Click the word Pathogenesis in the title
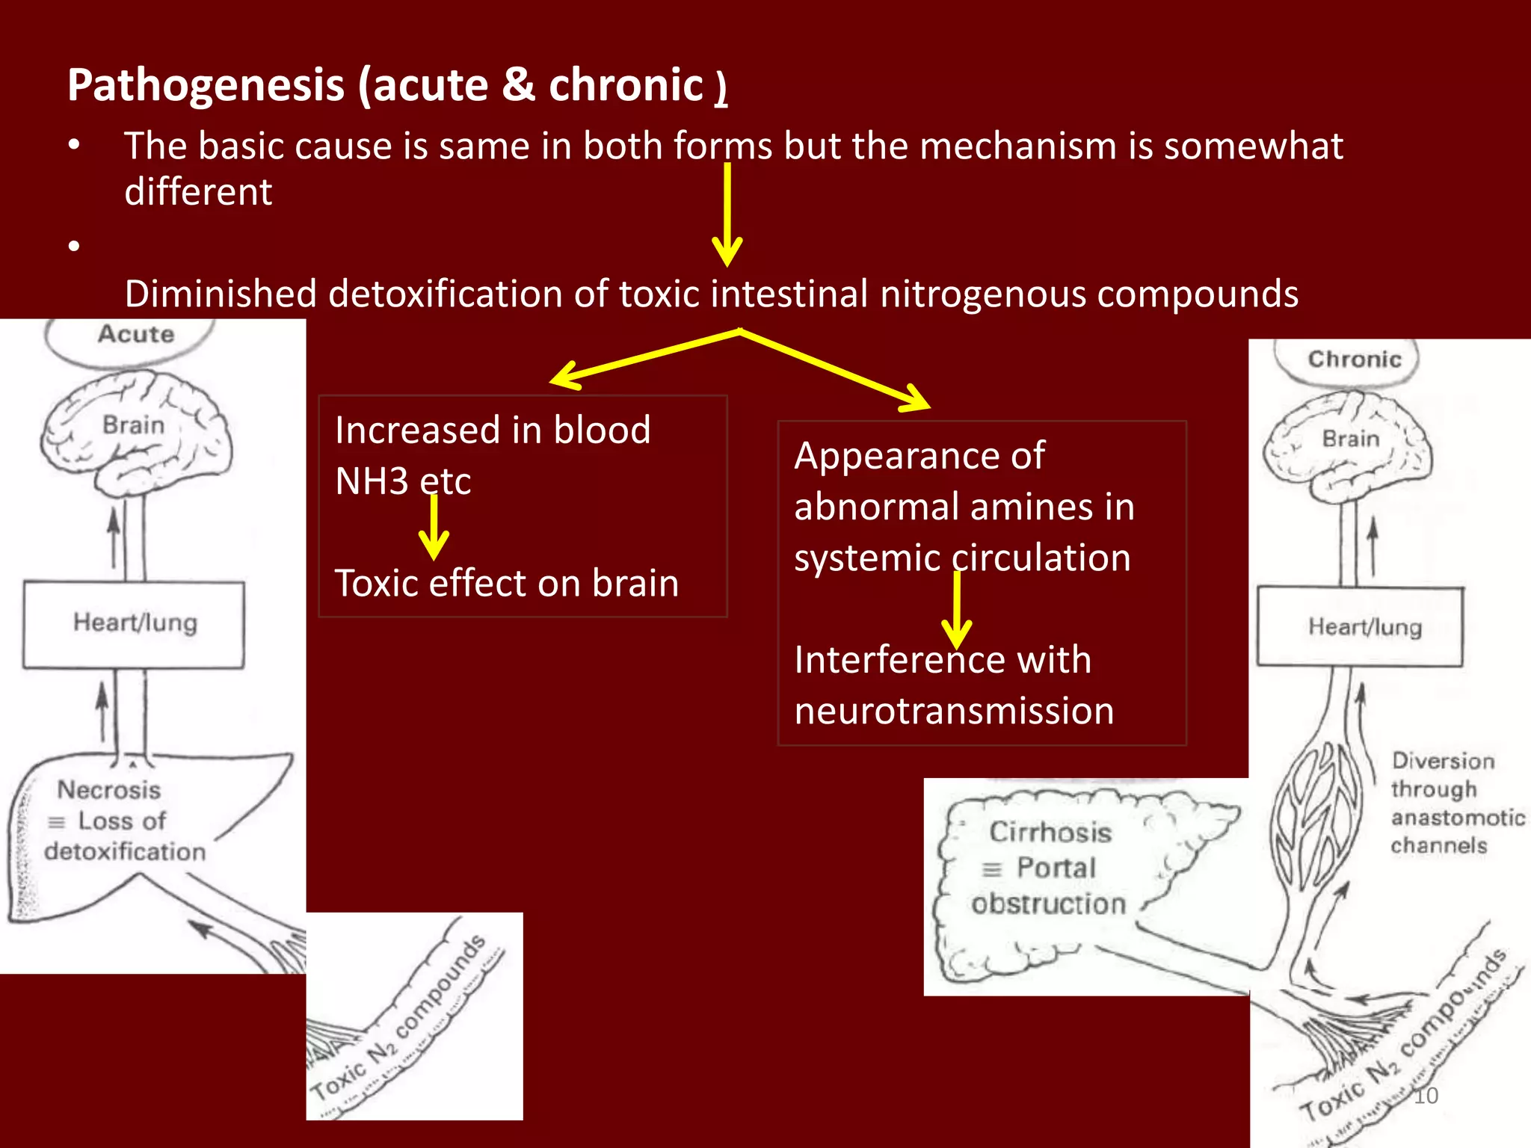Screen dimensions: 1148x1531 (206, 84)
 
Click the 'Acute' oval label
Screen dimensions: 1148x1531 (135, 334)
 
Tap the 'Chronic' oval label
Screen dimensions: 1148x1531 (1354, 359)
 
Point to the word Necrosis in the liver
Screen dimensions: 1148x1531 (109, 790)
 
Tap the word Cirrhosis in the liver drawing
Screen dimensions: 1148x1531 (1050, 832)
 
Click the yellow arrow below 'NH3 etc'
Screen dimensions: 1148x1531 (434, 528)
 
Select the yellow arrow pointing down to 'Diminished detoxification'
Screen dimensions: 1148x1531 (727, 217)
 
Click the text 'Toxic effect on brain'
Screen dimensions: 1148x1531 (506, 583)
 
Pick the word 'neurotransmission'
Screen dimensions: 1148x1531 (954, 711)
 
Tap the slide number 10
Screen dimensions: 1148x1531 (1425, 1096)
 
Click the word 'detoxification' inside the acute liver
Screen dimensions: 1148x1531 (125, 851)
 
